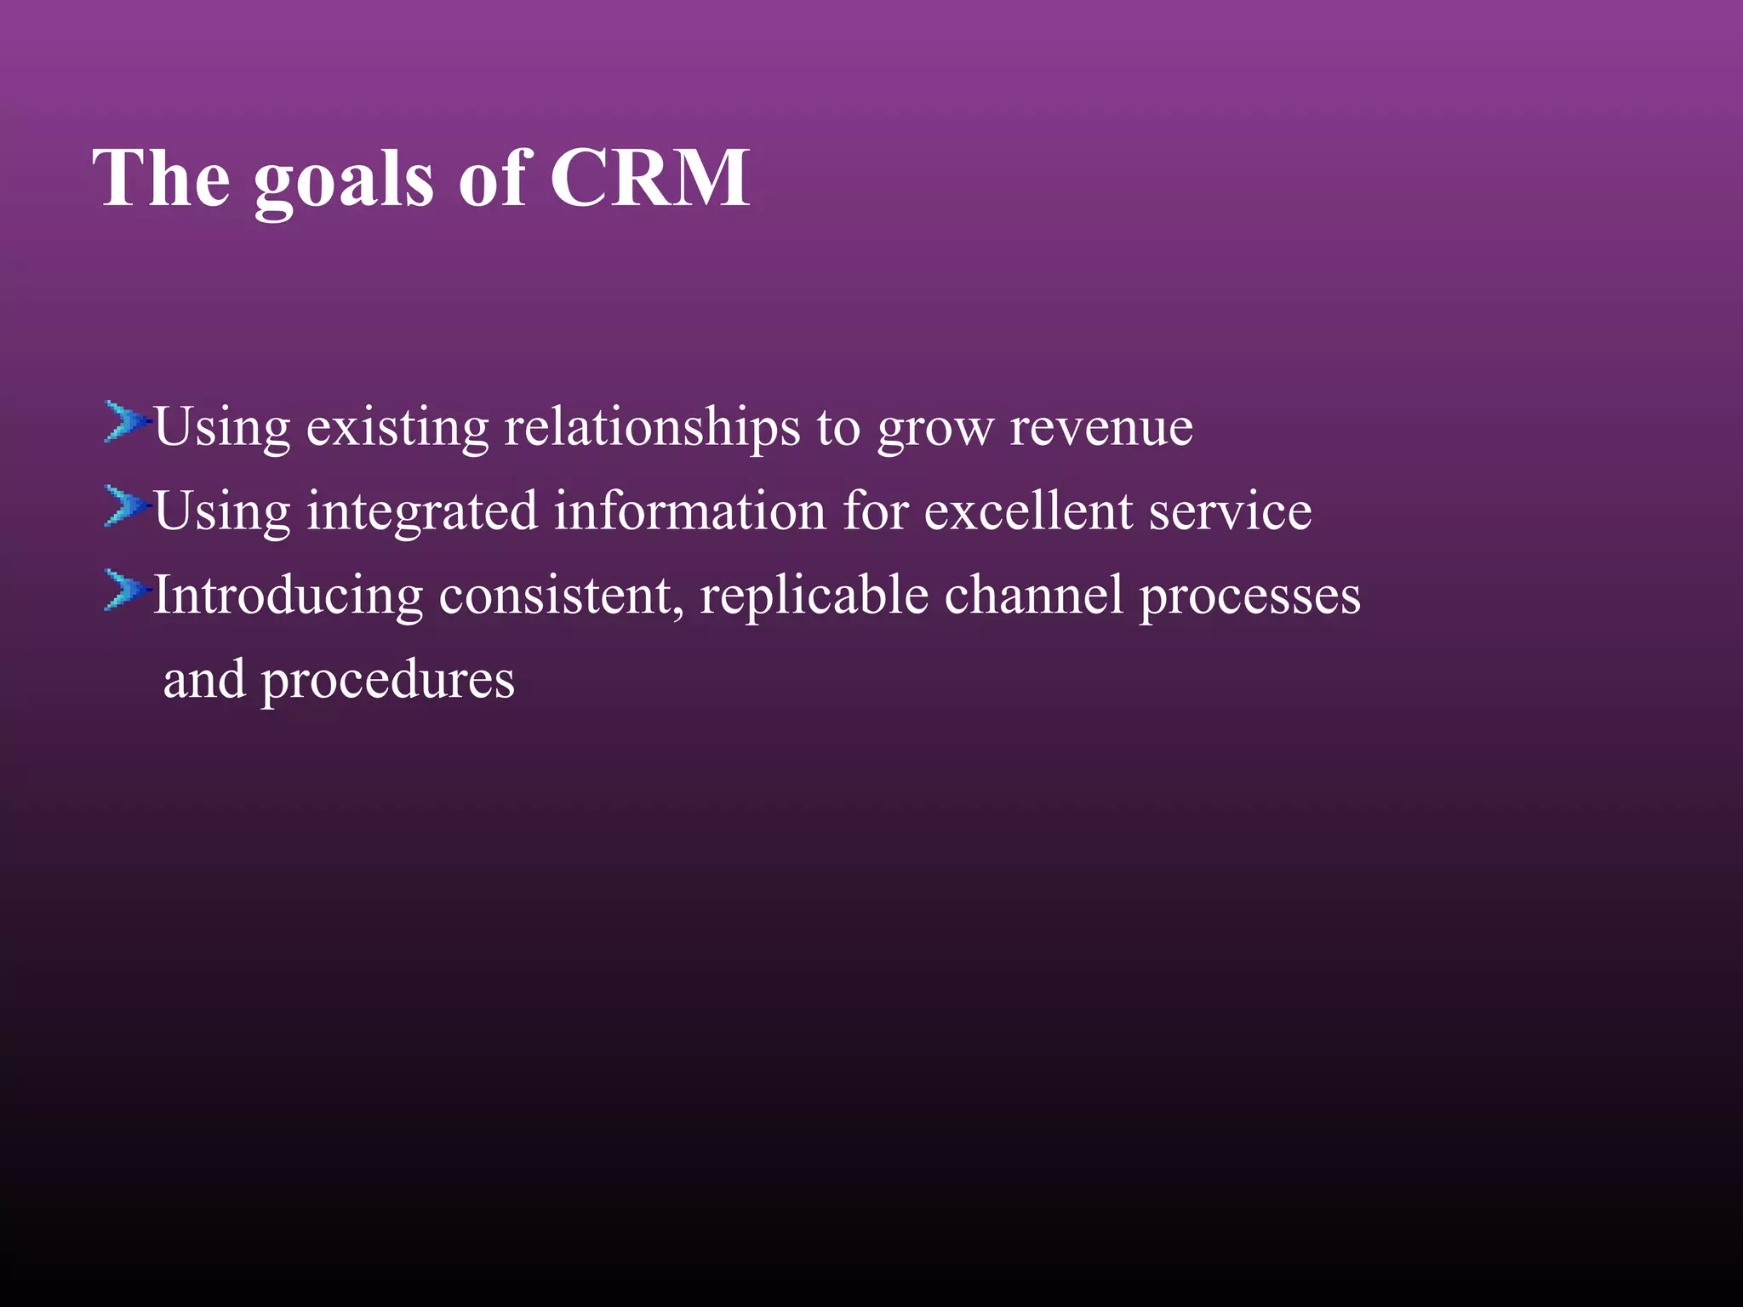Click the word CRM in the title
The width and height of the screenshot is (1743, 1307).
coord(649,178)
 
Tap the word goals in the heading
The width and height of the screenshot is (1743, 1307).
coord(344,181)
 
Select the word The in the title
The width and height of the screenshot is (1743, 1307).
coord(162,178)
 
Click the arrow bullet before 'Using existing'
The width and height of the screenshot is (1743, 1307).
coord(125,422)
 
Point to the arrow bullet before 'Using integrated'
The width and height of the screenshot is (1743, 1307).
coord(125,506)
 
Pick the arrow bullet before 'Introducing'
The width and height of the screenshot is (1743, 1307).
coord(125,591)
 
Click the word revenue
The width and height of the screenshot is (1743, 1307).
coord(1101,428)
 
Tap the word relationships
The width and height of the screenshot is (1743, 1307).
coord(652,428)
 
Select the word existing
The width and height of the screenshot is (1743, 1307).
coord(397,428)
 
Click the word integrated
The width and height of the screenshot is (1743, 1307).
coord(422,513)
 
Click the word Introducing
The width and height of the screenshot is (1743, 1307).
coord(288,596)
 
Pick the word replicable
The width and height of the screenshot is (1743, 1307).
coord(814,596)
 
